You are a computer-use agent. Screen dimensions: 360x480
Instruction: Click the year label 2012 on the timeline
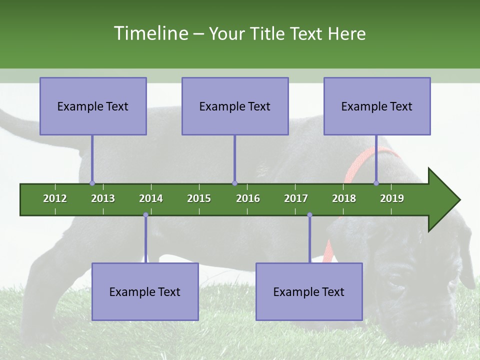click(x=55, y=198)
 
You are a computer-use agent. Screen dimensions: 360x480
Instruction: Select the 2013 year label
click(x=103, y=198)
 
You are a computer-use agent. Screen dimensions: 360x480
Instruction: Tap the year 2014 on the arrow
click(x=151, y=198)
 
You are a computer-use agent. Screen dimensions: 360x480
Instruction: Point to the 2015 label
click(x=199, y=198)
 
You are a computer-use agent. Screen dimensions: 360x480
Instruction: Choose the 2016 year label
click(x=248, y=198)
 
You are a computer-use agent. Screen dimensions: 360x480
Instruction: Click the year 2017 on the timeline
click(x=296, y=198)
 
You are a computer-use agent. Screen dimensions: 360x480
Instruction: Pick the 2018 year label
click(x=344, y=198)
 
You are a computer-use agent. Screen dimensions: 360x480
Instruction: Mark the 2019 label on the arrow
click(x=392, y=198)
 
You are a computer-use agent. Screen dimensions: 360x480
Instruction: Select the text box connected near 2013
click(x=93, y=106)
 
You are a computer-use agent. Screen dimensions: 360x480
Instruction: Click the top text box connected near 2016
click(x=235, y=106)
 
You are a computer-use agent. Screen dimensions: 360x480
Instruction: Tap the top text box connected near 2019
click(x=377, y=106)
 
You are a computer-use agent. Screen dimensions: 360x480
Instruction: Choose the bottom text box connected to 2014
click(x=145, y=292)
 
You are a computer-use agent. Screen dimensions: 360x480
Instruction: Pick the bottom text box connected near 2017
click(x=309, y=292)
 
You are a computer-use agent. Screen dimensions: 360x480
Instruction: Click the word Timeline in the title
click(x=150, y=33)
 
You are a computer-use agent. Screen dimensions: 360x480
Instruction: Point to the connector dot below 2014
click(x=145, y=215)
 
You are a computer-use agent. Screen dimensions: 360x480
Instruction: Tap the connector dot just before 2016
click(x=234, y=183)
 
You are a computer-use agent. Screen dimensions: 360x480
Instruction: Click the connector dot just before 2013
click(x=92, y=183)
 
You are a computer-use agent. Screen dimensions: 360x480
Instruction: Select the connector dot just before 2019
click(x=376, y=183)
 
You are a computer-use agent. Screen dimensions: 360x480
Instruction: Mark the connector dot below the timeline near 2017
click(x=309, y=215)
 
